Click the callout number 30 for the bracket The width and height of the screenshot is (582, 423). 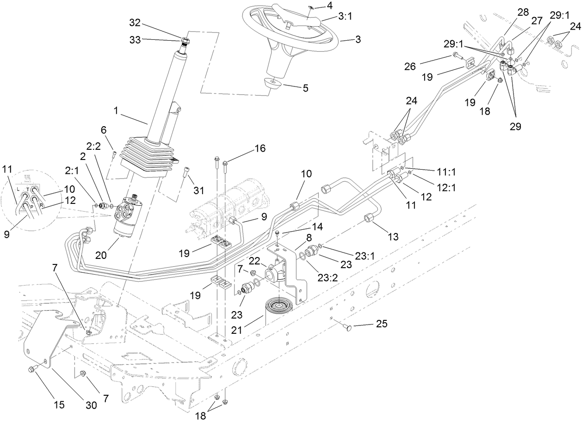(91, 405)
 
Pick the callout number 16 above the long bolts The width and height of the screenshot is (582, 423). (260, 148)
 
